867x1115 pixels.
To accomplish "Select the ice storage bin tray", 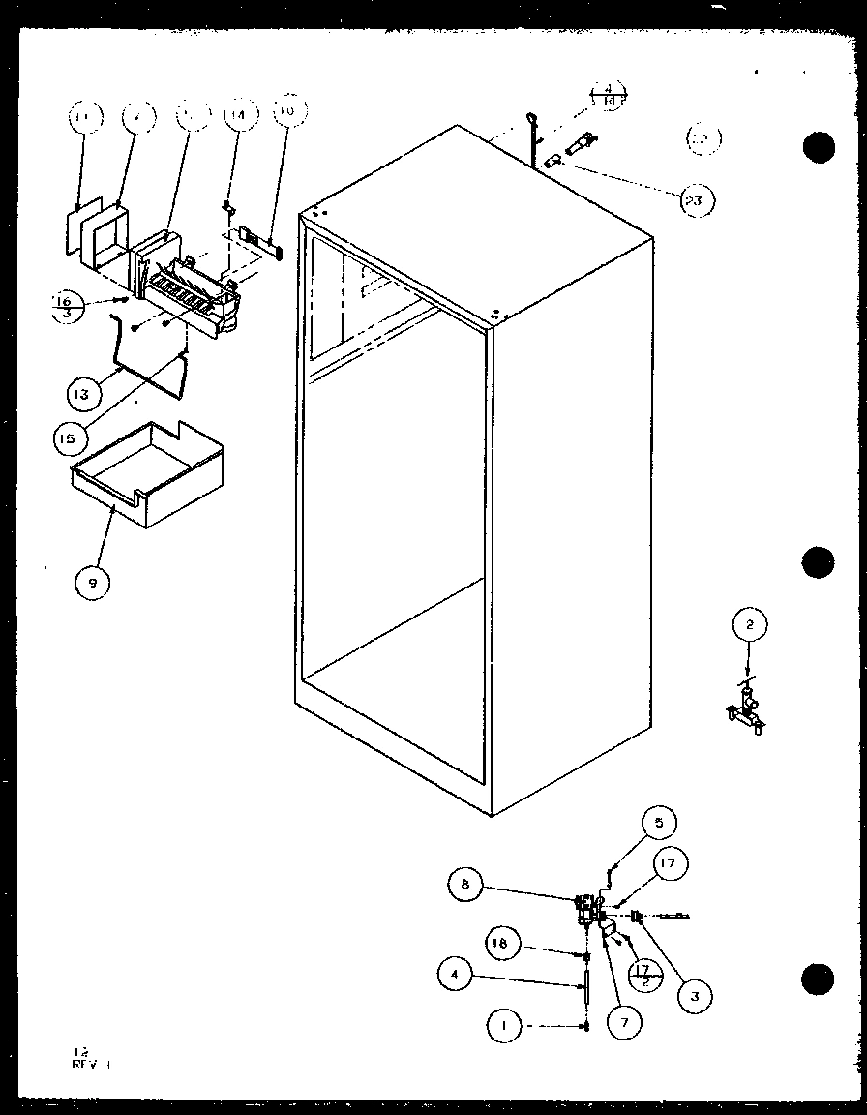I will (147, 473).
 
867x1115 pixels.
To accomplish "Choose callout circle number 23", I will (697, 200).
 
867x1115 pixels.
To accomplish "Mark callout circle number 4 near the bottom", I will (456, 976).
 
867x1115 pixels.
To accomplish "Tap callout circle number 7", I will (624, 1021).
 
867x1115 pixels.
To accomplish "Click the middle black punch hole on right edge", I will (819, 562).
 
